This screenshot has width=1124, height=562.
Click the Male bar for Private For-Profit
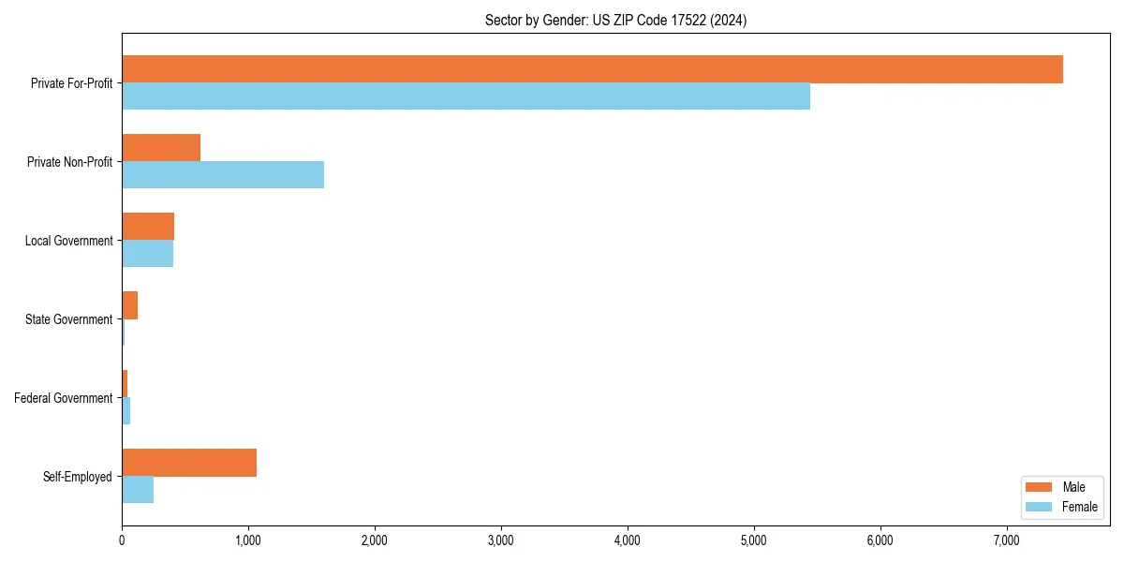[592, 69]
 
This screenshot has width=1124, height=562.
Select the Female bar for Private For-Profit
[466, 96]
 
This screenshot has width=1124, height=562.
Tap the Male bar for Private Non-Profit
[161, 148]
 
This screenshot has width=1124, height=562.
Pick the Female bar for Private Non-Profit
[223, 175]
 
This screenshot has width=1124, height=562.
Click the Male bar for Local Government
[148, 227]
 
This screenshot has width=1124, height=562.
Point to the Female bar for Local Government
[147, 254]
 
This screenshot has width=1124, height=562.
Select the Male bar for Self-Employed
[189, 463]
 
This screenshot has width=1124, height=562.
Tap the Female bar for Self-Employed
[138, 490]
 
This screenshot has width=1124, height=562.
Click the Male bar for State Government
[129, 305]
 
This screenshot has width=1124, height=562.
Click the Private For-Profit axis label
[71, 83]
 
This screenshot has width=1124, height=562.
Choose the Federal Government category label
[64, 398]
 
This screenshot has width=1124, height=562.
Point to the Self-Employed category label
[78, 477]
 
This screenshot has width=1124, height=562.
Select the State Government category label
[68, 319]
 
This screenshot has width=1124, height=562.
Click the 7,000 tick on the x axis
[1006, 540]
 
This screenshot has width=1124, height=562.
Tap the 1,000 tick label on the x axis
[248, 540]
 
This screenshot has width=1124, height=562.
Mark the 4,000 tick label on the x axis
[627, 540]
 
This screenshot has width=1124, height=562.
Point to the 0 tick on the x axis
[122, 540]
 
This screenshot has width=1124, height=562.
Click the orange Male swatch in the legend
[1040, 487]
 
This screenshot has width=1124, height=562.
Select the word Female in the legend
[1080, 507]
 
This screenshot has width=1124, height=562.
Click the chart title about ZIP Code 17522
[615, 20]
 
